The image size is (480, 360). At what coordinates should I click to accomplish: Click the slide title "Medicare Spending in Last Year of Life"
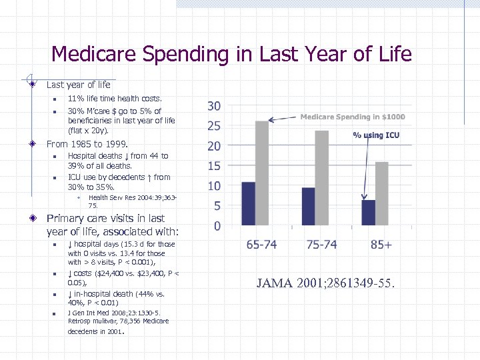click(x=231, y=53)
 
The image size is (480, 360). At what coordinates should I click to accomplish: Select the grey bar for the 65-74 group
click(x=262, y=173)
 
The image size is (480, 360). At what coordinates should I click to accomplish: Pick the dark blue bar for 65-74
click(x=249, y=204)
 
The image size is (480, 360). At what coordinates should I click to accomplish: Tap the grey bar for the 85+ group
click(x=381, y=193)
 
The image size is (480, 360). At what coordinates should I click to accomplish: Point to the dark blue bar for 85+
click(x=368, y=213)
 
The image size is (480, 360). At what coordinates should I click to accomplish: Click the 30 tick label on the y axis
click(x=214, y=107)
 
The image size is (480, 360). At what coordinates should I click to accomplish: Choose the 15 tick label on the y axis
click(x=214, y=166)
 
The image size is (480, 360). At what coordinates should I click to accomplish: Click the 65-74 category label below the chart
click(x=261, y=245)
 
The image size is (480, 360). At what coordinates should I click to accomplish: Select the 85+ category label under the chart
click(x=381, y=245)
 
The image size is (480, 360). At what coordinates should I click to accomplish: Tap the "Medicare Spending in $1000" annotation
click(x=352, y=117)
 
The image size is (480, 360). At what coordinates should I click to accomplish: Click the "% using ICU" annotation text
click(x=376, y=135)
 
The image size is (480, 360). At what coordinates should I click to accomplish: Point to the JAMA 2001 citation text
click(x=325, y=283)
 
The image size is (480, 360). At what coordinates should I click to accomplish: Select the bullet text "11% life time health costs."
click(x=115, y=99)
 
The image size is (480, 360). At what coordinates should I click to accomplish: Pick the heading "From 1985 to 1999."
click(x=87, y=143)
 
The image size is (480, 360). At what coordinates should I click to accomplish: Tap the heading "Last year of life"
click(x=79, y=85)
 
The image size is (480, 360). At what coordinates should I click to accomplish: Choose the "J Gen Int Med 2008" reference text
click(x=113, y=313)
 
